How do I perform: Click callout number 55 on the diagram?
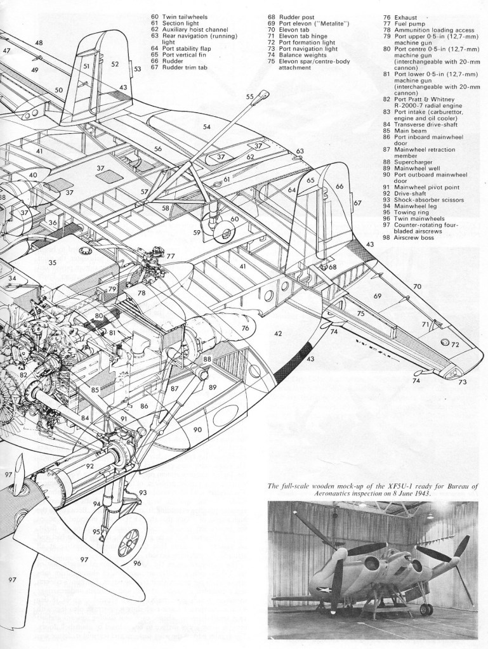point(249,96)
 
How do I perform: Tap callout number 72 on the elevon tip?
point(455,344)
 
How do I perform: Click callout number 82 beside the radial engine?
point(23,375)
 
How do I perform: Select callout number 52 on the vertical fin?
point(115,63)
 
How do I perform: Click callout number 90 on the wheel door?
point(197,430)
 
